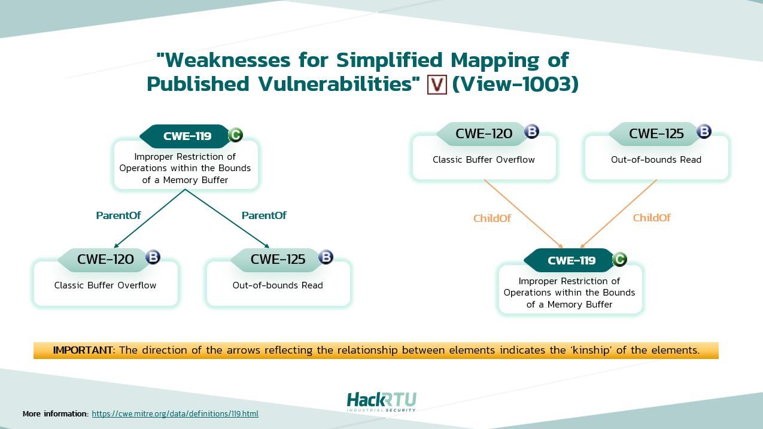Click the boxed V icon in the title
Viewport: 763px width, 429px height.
(437, 84)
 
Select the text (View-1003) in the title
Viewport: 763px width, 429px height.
(515, 84)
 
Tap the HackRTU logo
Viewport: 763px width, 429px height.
(381, 401)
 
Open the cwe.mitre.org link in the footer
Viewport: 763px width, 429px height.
(175, 413)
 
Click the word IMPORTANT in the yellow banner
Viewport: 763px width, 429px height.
(83, 350)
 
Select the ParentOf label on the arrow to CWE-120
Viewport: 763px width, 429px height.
(118, 215)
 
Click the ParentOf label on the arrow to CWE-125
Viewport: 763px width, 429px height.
(264, 215)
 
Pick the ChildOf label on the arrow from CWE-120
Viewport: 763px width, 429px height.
(492, 218)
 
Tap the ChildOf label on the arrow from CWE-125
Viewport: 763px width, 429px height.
(652, 218)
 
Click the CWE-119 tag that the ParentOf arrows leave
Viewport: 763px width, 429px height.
(187, 136)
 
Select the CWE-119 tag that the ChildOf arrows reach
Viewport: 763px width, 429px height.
(571, 260)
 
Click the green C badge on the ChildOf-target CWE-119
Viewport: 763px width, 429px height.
(619, 259)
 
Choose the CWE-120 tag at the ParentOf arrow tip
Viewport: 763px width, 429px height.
(105, 259)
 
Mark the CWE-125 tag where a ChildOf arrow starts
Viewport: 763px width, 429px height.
(656, 133)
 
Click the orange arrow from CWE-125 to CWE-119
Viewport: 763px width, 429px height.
(619, 214)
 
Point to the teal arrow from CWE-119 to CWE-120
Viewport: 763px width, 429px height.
(150, 218)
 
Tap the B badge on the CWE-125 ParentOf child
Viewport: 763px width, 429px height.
(326, 257)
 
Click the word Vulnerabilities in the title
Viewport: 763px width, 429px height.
(336, 84)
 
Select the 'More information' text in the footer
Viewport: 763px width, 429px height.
(55, 413)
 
